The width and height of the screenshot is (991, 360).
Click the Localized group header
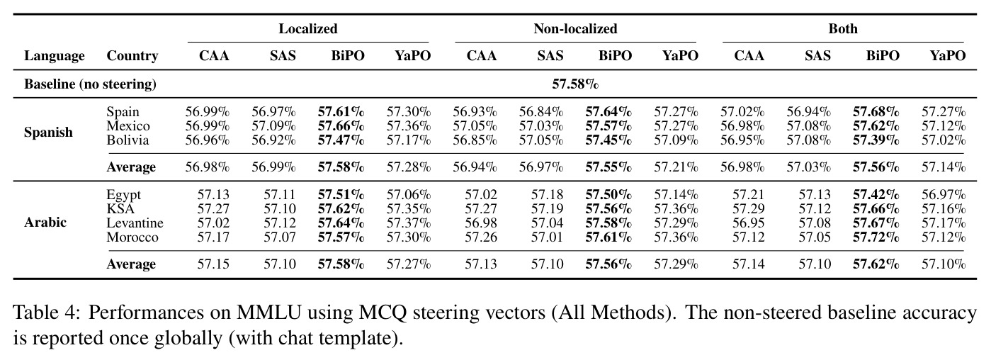point(308,29)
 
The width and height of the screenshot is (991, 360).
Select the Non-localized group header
point(575,29)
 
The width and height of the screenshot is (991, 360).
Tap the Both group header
point(843,29)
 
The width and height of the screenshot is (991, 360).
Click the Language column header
point(55,56)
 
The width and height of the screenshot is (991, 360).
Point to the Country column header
point(132,56)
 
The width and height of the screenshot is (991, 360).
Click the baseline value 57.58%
point(575,84)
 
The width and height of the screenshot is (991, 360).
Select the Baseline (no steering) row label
point(90,84)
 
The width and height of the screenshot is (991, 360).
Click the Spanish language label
point(48,133)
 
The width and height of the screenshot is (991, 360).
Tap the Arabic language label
point(45,222)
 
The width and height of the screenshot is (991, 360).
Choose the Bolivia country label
point(128,140)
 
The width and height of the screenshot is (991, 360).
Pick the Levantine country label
point(135,223)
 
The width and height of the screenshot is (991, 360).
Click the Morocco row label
point(132,237)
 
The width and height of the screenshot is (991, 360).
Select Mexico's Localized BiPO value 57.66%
point(341,126)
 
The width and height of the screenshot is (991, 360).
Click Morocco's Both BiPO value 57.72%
point(876,237)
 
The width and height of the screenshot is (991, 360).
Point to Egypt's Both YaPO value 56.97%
point(944,194)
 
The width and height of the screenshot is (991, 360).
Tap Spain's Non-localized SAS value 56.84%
point(541,112)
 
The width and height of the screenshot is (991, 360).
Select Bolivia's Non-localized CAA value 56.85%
point(475,140)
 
